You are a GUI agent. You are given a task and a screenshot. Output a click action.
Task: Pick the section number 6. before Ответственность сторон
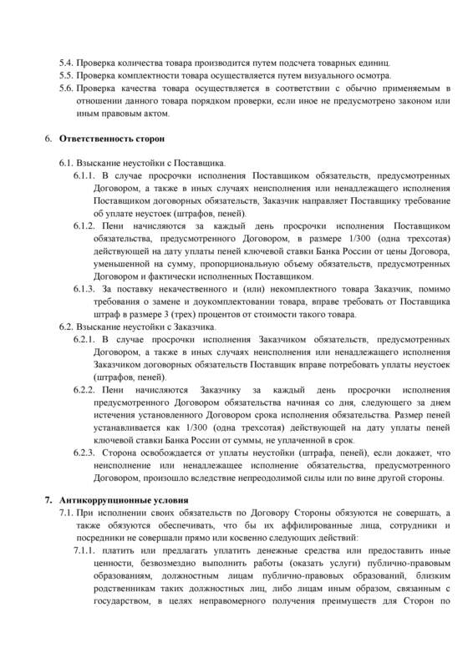tap(48, 137)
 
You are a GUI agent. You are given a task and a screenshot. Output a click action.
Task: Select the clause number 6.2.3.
tap(87, 452)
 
